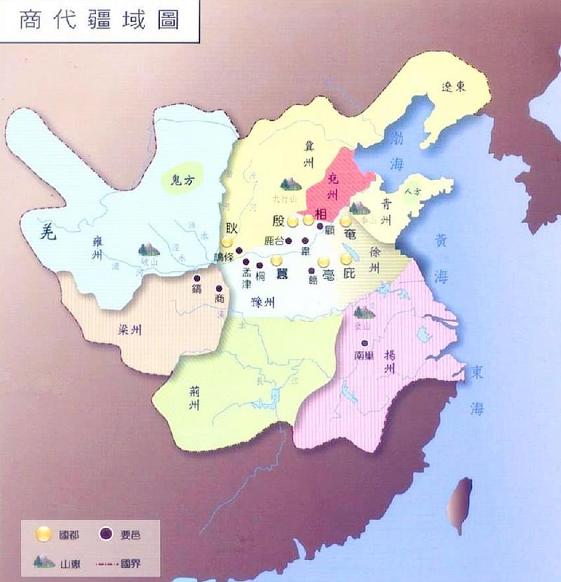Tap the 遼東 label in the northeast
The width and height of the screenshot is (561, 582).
(x=454, y=86)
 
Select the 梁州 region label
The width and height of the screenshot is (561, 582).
(x=129, y=330)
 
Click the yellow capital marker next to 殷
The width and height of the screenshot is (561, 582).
(x=292, y=221)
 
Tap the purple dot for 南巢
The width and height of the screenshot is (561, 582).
(x=363, y=343)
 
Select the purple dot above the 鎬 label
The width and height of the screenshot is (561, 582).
(x=197, y=277)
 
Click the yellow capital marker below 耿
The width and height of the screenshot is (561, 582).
(x=227, y=242)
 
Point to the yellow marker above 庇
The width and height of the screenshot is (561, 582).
(x=346, y=259)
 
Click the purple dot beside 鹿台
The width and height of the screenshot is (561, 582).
(x=288, y=240)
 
